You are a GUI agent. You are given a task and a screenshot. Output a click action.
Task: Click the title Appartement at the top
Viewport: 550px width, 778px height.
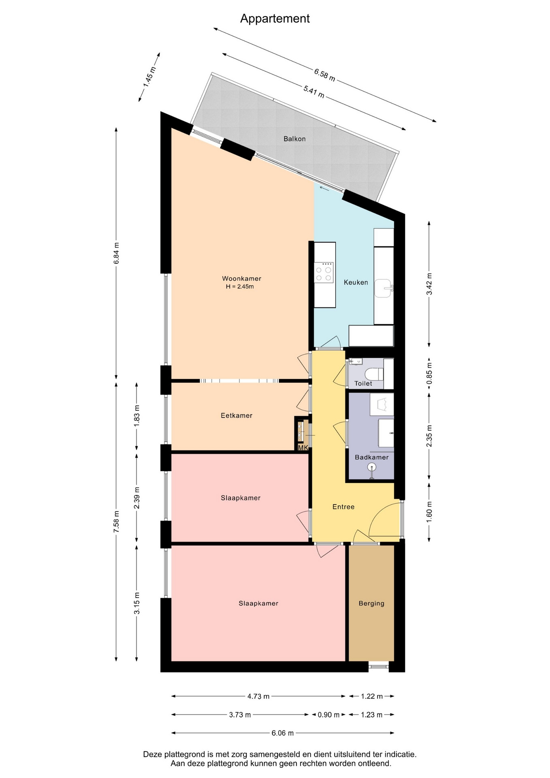275,19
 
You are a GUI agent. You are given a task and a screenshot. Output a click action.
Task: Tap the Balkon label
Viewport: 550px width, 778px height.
294,139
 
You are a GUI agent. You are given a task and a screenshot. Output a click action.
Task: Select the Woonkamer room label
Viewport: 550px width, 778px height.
241,278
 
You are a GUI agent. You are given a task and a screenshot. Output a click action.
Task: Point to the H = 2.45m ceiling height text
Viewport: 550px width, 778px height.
240,286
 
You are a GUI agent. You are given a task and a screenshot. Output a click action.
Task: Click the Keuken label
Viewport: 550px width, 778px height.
356,282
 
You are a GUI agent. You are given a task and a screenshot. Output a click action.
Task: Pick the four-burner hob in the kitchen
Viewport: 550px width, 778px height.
324,272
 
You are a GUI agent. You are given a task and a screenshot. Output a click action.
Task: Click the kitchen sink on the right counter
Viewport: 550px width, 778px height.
384,288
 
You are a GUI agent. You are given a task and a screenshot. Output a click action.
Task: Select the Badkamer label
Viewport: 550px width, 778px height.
372,457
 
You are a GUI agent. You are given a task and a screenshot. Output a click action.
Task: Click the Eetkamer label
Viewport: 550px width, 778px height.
237,415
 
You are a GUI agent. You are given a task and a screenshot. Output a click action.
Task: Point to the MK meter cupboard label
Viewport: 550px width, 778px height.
303,448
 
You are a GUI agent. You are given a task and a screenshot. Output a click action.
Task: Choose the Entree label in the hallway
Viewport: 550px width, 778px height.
343,507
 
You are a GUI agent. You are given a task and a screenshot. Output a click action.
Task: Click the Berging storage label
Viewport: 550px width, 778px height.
371,603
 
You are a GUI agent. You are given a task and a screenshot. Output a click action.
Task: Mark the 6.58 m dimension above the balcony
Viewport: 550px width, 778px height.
325,75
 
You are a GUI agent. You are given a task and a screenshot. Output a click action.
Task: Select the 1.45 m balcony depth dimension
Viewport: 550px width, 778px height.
149,77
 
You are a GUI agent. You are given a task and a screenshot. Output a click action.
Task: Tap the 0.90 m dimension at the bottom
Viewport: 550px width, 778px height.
328,714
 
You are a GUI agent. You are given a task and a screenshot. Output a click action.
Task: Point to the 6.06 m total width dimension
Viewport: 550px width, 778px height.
283,733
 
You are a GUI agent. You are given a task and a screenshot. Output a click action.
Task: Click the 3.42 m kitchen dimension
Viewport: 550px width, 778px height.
429,284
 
